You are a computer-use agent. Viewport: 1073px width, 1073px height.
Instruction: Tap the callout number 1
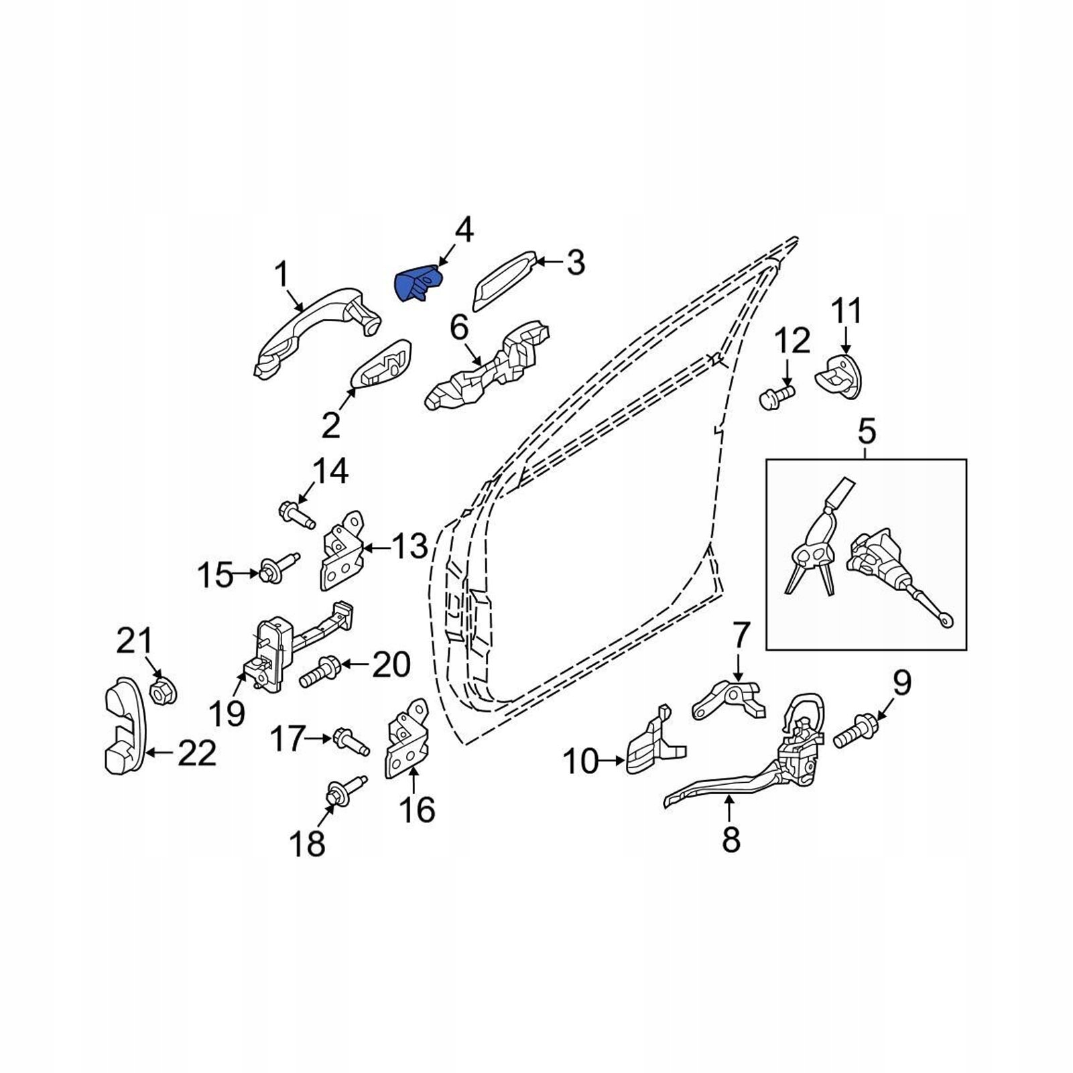click(x=281, y=275)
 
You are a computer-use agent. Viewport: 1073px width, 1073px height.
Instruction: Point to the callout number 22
click(x=197, y=754)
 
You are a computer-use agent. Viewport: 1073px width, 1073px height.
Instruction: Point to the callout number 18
click(x=307, y=844)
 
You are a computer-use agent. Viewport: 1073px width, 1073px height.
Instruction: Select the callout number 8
click(x=731, y=838)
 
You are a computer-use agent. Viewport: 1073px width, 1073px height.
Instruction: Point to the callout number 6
click(x=460, y=328)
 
